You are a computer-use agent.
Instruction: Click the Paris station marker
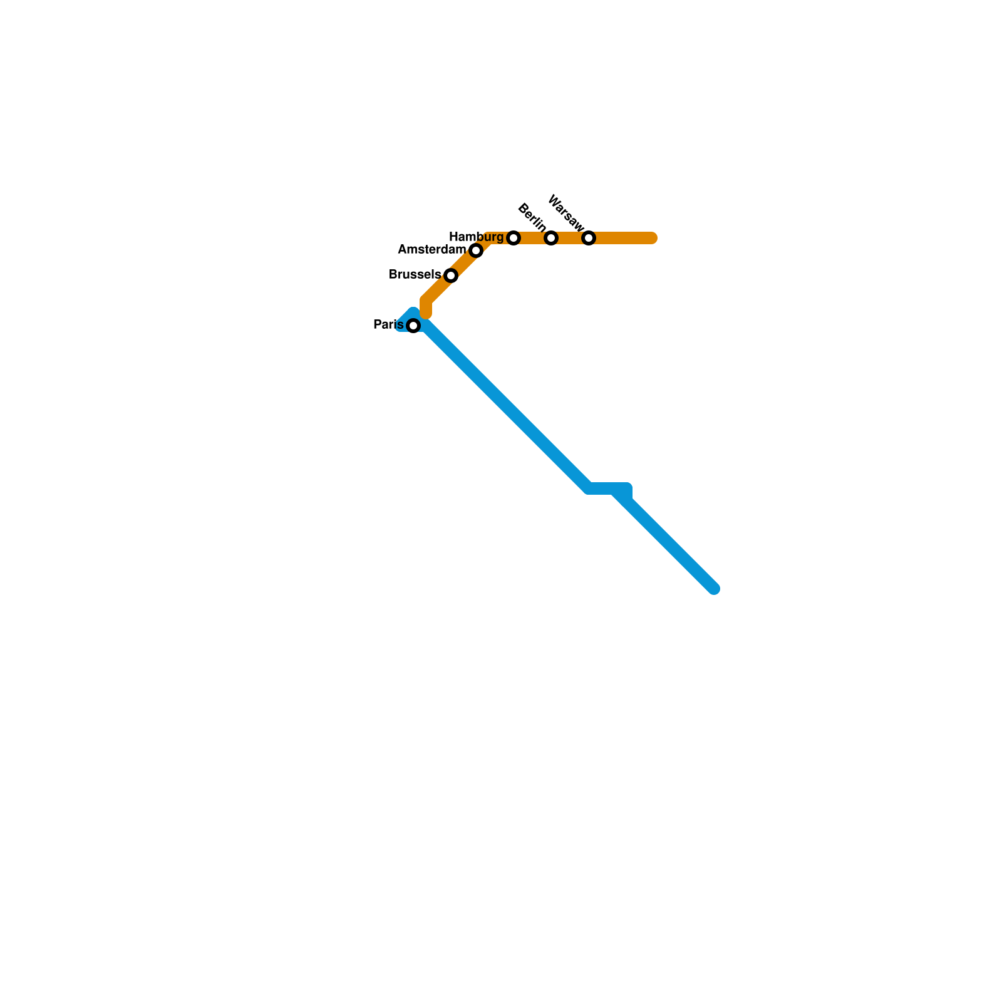[413, 326]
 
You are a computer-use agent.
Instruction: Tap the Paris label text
[388, 324]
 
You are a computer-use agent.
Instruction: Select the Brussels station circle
[451, 276]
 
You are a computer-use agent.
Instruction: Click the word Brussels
[415, 274]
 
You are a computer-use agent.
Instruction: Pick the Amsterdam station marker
[476, 251]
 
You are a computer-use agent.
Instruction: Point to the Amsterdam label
[432, 250]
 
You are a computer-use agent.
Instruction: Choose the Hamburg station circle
[514, 238]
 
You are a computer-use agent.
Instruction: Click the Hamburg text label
[476, 237]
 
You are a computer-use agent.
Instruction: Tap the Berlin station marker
[551, 238]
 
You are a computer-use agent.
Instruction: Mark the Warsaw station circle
[589, 238]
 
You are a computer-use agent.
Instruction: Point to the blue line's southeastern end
[714, 589]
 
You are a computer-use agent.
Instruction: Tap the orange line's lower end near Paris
[426, 313]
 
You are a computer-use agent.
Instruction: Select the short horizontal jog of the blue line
[607, 488]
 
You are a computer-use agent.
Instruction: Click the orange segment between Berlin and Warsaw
[570, 238]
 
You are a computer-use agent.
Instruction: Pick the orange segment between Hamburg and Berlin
[532, 238]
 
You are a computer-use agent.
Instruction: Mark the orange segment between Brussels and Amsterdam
[463, 264]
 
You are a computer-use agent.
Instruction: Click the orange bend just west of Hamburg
[490, 239]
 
